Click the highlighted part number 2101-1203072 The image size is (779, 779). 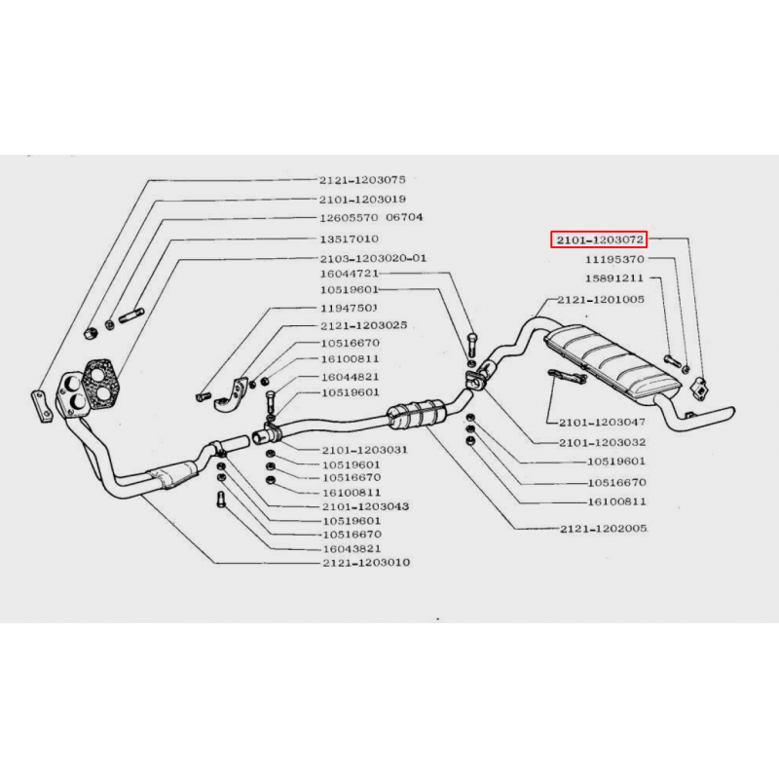tap(599, 240)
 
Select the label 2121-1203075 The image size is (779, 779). tap(362, 180)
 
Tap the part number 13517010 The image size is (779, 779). tap(350, 239)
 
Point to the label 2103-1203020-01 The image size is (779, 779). tap(373, 258)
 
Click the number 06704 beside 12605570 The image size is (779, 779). tap(404, 217)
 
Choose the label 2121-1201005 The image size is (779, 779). tap(601, 300)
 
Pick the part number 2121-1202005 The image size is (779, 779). tap(604, 529)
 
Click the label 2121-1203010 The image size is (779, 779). tap(366, 563)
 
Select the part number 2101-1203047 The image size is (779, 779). tap(602, 423)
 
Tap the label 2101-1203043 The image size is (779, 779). tap(366, 506)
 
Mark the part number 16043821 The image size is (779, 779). tap(352, 548)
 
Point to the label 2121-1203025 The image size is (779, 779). tap(363, 325)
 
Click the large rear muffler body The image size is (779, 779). tap(612, 361)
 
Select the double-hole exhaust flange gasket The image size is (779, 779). tap(101, 380)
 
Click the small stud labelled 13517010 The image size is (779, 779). tap(131, 315)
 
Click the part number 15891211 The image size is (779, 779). tap(614, 278)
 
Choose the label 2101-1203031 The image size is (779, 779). tap(364, 450)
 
